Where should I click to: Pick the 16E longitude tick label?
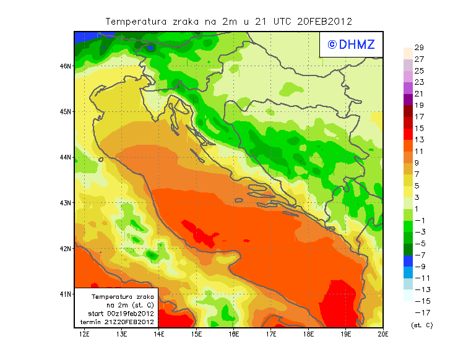(234, 335)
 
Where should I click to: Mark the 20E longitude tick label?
(383, 335)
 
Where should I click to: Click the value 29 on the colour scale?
(418, 48)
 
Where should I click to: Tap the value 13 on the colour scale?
(418, 140)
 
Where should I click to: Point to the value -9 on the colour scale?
(418, 267)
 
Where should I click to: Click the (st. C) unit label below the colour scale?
(421, 325)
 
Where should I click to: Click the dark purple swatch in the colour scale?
(407, 100)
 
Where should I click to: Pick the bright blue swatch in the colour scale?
(407, 272)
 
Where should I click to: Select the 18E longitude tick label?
(309, 335)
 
